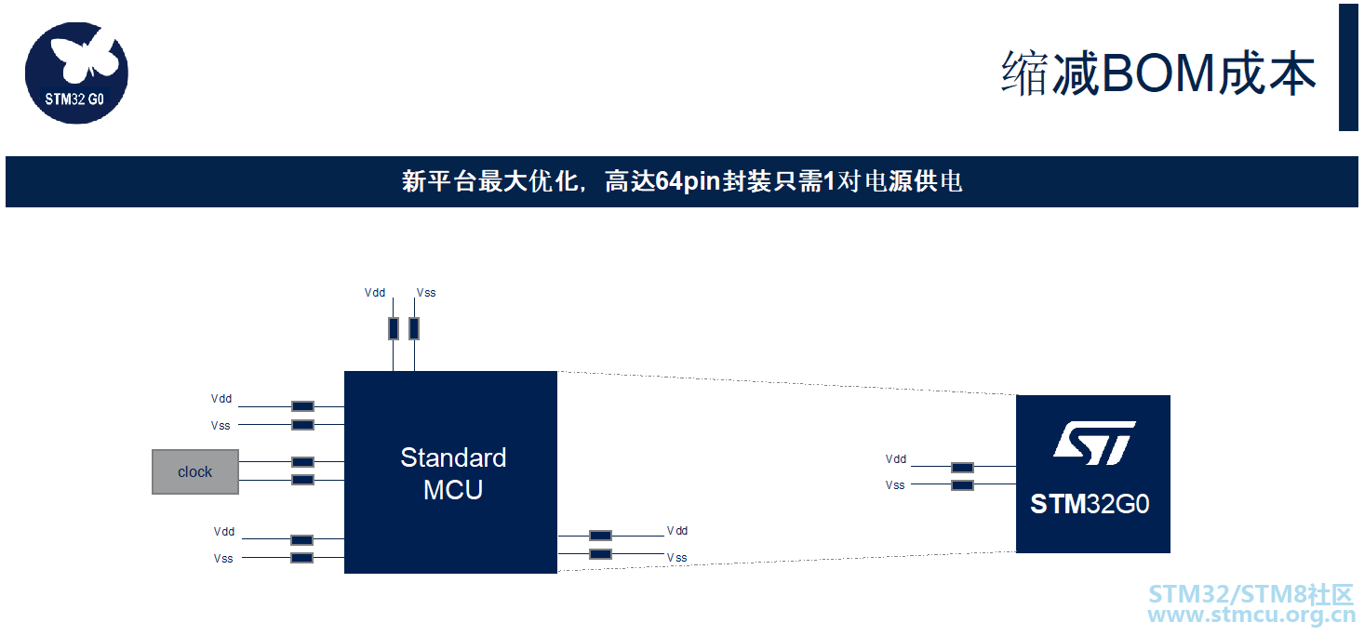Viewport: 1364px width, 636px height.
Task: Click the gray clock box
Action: coord(194,471)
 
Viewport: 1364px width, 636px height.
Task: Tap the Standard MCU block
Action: coord(450,472)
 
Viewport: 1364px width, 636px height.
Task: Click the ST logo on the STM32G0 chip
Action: coord(1094,443)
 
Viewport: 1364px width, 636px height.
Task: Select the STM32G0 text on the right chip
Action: coord(1090,504)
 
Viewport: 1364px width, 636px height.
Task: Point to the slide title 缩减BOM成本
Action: coord(1158,73)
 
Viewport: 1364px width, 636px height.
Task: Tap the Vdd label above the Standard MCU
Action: coord(375,293)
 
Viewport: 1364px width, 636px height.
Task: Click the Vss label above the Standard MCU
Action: coord(426,293)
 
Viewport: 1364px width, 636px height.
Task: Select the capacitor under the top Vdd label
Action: coord(394,328)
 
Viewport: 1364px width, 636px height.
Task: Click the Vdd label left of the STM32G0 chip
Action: coord(896,459)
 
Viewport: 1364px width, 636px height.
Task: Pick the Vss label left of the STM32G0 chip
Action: coord(895,485)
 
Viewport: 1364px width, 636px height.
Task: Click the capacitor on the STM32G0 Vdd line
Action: coord(962,468)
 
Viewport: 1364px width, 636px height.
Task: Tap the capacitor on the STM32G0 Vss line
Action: coord(962,485)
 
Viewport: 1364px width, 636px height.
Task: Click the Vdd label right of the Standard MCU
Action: coord(677,531)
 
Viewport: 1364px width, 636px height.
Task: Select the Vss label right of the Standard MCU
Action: coord(676,558)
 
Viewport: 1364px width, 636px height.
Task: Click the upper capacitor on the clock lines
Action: coord(302,462)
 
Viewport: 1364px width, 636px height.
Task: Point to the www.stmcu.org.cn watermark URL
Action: coord(1251,615)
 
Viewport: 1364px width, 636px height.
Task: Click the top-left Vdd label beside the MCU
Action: coord(221,399)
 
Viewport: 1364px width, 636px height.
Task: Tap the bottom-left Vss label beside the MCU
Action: coord(223,559)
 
